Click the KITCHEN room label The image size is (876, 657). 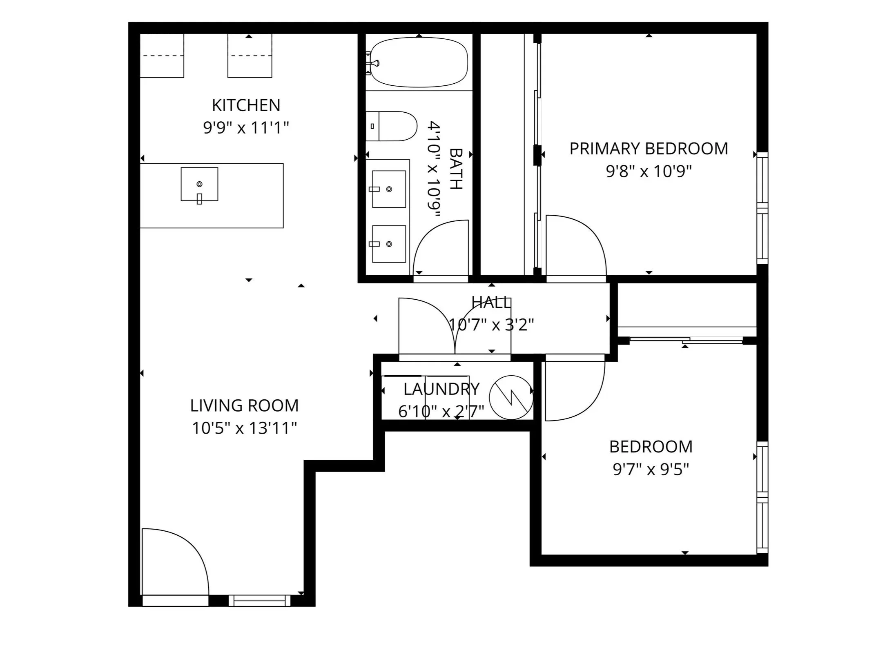tap(246, 105)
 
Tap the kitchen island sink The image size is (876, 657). tap(199, 184)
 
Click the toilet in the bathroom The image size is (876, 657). tap(391, 126)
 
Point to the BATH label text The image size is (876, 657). tap(456, 169)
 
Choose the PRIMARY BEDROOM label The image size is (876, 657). tap(649, 149)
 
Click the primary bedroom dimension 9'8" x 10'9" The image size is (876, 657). tap(649, 171)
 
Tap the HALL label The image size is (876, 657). tap(491, 303)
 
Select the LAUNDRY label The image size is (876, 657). tap(441, 389)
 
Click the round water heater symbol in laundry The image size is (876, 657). tap(511, 397)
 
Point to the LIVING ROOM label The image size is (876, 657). tap(244, 405)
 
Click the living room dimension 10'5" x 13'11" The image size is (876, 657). tap(244, 428)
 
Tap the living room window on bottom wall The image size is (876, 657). tap(259, 601)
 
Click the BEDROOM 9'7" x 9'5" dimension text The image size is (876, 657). tap(651, 470)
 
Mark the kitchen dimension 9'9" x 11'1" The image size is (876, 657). tap(246, 128)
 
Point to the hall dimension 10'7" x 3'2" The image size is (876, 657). tap(491, 325)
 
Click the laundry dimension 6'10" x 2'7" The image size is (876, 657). tap(441, 412)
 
